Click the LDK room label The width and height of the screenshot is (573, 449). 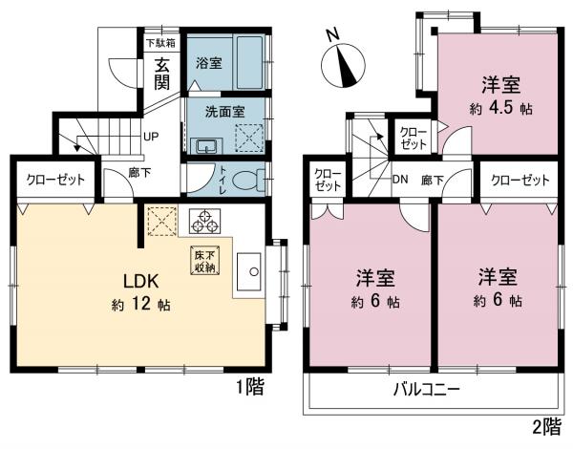tap(144, 282)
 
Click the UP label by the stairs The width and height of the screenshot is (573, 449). tap(151, 137)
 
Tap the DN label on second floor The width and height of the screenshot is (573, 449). tap(401, 180)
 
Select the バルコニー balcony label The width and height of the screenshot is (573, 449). tap(428, 390)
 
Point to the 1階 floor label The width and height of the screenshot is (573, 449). tap(249, 387)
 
